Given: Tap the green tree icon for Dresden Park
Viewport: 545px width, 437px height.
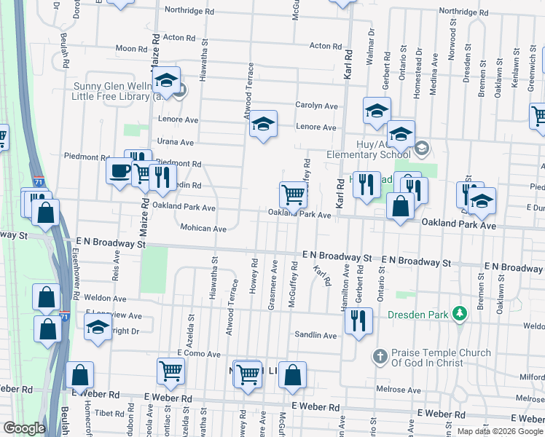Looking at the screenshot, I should (459, 313).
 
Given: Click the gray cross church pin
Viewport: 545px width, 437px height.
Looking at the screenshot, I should (379, 357).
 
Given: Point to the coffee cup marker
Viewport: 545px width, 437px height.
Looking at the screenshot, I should (119, 172).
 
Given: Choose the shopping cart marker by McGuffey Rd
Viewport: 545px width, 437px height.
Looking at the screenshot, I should (293, 194).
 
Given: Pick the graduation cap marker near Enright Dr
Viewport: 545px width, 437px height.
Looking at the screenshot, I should (98, 327).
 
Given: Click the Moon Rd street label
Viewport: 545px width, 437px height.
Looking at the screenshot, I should (131, 49).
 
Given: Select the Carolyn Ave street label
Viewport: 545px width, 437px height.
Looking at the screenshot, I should (316, 106).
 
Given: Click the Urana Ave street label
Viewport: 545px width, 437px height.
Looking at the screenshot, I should (176, 142).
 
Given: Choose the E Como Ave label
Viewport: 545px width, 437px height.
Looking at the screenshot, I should (198, 354).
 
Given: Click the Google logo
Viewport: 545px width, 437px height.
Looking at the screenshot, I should (24, 429).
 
